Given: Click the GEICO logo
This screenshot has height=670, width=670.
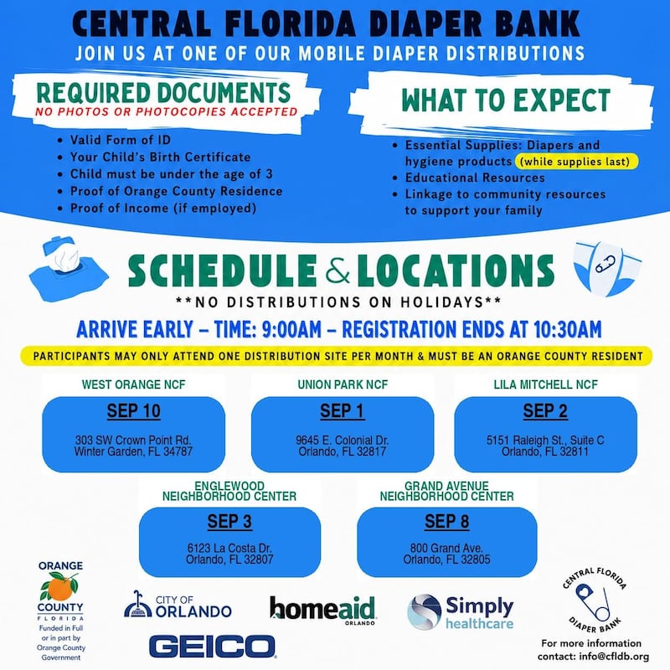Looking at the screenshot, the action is [213, 646].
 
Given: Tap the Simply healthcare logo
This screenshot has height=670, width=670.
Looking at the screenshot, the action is [461, 612].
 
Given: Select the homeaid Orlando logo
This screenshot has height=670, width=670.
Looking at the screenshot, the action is [322, 611].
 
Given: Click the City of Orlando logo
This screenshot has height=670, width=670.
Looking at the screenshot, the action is [178, 605].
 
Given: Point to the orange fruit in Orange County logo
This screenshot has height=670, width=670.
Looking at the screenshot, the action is [60, 589].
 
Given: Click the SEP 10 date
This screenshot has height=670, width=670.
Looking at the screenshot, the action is [134, 411].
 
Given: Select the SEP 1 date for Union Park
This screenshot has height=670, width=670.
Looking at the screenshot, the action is [343, 411].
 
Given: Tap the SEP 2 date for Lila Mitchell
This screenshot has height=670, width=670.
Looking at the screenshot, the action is [545, 411].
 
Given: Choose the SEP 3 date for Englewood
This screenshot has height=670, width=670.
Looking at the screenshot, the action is [229, 521].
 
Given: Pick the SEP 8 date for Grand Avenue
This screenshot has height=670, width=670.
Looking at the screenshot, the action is [447, 521].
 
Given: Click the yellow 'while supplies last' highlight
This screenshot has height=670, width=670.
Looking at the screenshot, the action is [577, 162].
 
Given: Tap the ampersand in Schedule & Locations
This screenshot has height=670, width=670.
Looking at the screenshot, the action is [338, 270].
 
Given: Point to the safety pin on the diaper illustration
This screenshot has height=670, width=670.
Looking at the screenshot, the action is [605, 264].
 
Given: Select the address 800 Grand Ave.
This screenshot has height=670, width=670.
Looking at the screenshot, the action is [446, 548].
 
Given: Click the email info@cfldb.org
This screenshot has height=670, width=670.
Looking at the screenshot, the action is [614, 657].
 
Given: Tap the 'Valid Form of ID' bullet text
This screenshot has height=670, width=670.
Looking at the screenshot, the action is [121, 140].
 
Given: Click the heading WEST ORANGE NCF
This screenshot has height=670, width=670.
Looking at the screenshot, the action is [134, 384].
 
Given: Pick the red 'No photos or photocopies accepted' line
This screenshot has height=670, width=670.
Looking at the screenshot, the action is [166, 112].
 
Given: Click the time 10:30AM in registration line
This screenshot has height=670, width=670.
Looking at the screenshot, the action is [567, 329].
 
